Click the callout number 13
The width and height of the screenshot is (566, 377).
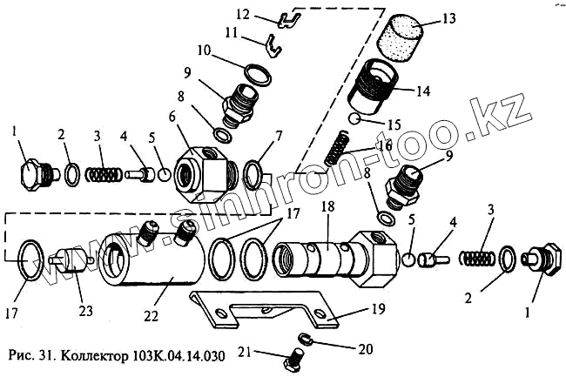pyautogui.click(x=448, y=17)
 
